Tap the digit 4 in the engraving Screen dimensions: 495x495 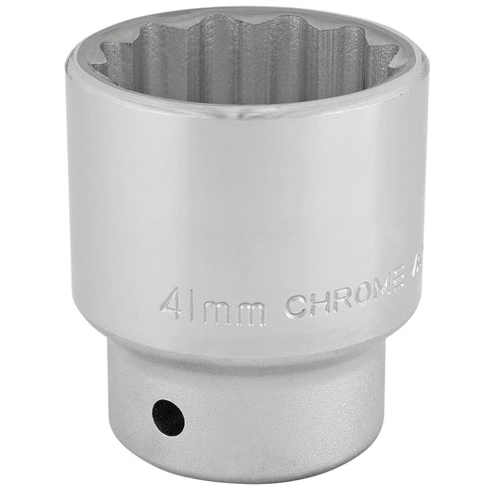click(x=170, y=304)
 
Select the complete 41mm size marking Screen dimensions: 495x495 click(x=212, y=306)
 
